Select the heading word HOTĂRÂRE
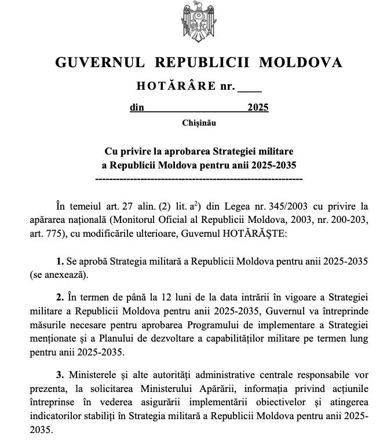point(176,87)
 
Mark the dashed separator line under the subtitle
point(198,179)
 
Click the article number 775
point(54,234)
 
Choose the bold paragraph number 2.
point(60,298)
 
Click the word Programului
point(210,327)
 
